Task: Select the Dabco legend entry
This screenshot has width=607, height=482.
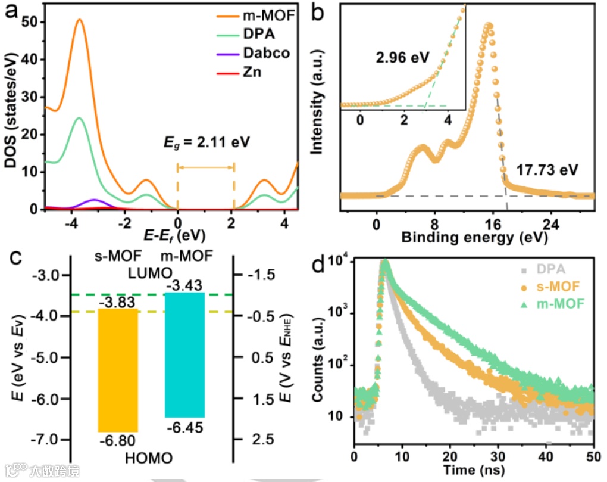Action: pyautogui.click(x=266, y=52)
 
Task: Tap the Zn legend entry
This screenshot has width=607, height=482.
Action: pyautogui.click(x=251, y=71)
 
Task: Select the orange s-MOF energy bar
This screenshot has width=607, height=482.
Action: pyautogui.click(x=118, y=369)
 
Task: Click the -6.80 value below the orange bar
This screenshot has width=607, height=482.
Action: pyautogui.click(x=118, y=441)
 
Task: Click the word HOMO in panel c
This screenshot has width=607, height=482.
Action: pyautogui.click(x=149, y=458)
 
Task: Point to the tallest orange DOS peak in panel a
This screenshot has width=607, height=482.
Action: pyautogui.click(x=79, y=20)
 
